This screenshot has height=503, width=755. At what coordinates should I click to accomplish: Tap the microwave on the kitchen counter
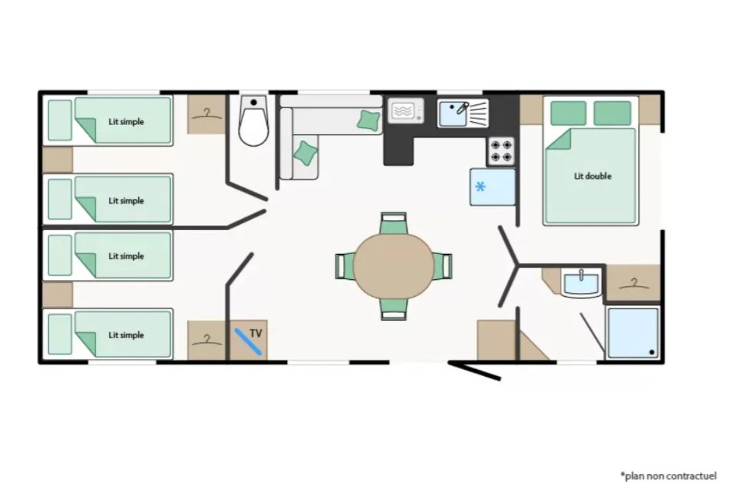coord(405,111)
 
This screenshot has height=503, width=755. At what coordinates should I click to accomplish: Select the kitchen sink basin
coord(452,114)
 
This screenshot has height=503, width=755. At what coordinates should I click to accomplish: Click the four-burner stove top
coord(501,151)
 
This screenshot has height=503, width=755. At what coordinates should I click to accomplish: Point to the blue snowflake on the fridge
coord(480,187)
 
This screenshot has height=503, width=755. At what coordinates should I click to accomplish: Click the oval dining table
coord(393,266)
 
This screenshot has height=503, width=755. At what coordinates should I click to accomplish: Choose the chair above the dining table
coord(393,223)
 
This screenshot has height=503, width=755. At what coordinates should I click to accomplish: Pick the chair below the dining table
coord(393,309)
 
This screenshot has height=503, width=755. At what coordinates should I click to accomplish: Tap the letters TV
coord(256,333)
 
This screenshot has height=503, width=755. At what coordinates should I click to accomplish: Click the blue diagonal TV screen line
coord(248,341)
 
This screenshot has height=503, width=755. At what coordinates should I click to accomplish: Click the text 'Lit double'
coord(593,176)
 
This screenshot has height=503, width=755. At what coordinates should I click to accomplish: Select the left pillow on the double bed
coord(569,113)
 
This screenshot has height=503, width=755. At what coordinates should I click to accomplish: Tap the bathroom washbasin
coord(581,284)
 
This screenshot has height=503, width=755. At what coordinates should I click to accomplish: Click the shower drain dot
coord(652,352)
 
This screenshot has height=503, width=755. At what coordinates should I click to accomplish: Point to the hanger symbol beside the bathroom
coord(634,284)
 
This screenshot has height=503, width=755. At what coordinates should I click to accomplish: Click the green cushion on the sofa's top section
coord(369,120)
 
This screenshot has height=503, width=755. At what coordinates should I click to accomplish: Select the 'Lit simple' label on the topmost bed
coord(126,121)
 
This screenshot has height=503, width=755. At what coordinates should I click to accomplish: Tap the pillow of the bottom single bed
coord(60,334)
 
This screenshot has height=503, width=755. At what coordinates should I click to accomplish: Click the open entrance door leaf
coord(474,371)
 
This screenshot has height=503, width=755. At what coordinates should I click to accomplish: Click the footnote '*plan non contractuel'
coord(669,476)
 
